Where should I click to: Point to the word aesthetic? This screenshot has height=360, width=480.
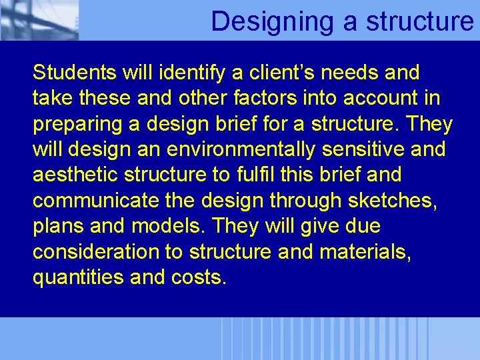(x=75, y=175)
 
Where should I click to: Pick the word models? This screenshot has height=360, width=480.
(x=169, y=226)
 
